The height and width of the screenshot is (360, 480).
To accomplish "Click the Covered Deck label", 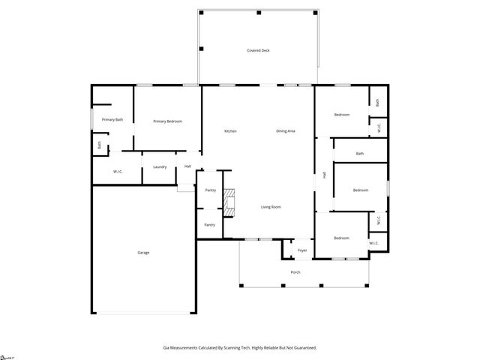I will [x=258, y=50].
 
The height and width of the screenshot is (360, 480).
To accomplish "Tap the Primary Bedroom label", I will [x=167, y=121].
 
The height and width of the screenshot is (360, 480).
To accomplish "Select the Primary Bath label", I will [x=112, y=119].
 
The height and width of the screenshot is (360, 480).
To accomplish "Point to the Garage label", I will [x=143, y=252].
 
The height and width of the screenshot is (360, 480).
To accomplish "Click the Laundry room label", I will [x=160, y=166].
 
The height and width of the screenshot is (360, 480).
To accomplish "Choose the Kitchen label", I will [x=231, y=131].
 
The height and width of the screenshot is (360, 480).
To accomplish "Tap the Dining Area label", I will [x=286, y=131].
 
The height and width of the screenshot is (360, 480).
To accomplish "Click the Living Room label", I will [x=271, y=207].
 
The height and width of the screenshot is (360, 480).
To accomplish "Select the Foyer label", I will [x=302, y=250].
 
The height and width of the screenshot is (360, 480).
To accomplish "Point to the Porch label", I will [x=295, y=271].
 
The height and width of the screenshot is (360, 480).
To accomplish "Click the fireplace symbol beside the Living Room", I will [x=232, y=202].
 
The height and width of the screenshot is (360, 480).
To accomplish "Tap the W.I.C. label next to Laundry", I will [x=118, y=172].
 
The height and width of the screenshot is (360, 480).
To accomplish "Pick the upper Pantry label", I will [x=210, y=190].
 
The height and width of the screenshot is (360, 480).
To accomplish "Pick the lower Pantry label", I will [x=210, y=224].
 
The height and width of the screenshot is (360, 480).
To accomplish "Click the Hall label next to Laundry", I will [x=188, y=166].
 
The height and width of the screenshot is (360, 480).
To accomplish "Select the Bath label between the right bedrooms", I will [x=360, y=154].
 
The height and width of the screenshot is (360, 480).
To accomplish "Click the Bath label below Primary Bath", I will [x=99, y=145].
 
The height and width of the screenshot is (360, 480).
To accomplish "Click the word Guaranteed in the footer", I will [x=303, y=347].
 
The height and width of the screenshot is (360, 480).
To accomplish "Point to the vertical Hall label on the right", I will [x=324, y=175].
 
